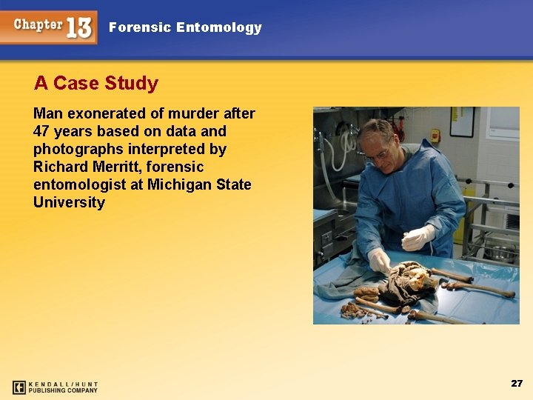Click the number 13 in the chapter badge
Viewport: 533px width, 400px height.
point(79,28)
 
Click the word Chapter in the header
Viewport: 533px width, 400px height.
point(38,24)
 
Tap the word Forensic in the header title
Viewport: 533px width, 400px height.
point(140,28)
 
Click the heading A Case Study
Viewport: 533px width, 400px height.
point(96,83)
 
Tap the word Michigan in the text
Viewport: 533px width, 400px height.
point(181,185)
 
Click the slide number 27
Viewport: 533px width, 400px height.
point(517,383)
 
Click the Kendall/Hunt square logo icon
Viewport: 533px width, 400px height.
point(19,387)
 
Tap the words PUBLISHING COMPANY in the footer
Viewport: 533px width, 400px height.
point(63,390)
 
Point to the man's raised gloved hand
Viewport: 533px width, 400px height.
point(418,238)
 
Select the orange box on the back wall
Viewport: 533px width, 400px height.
point(436,136)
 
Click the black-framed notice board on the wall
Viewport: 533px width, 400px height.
point(462,122)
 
